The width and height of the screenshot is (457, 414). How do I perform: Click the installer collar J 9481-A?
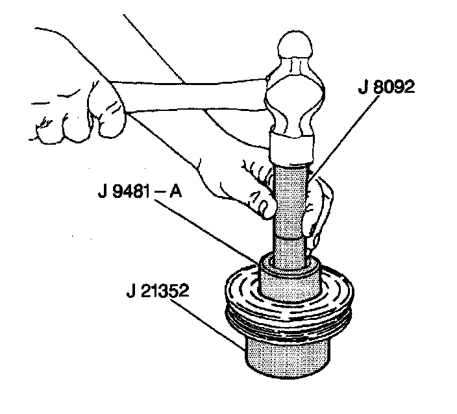click(289, 279)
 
